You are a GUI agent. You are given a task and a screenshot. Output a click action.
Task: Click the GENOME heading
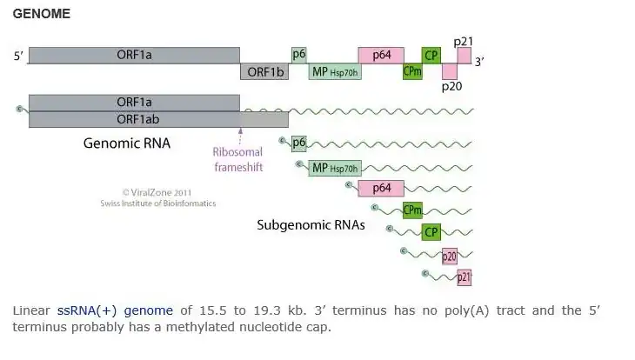(x=42, y=15)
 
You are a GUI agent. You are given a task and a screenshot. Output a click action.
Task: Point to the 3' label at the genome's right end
(x=479, y=61)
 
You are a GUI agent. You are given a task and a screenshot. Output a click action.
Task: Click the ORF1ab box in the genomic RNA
(x=134, y=119)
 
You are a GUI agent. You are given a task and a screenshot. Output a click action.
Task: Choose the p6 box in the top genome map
(x=298, y=55)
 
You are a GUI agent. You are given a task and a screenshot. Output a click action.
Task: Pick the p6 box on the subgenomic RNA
(x=298, y=143)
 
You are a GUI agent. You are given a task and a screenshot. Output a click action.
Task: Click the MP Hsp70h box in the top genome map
(x=335, y=71)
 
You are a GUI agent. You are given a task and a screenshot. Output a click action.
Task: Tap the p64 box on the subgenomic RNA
(x=381, y=188)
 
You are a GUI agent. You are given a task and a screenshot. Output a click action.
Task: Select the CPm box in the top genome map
(x=412, y=71)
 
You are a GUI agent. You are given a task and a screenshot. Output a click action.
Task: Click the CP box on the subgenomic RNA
(x=431, y=232)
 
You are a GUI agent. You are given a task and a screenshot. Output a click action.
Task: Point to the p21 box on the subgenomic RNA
(x=465, y=278)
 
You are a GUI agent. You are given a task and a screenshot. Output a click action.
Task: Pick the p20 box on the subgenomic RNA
(x=450, y=256)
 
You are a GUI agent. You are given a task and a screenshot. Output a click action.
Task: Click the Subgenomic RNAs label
(x=311, y=224)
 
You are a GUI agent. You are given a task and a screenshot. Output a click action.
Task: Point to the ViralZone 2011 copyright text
(x=157, y=192)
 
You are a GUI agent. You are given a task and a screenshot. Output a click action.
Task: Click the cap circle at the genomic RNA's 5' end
(x=19, y=109)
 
